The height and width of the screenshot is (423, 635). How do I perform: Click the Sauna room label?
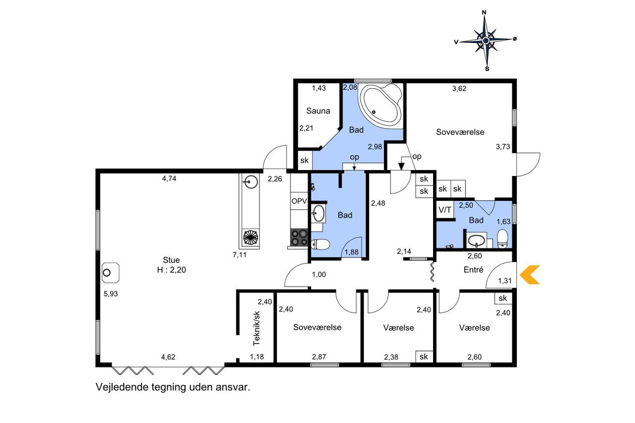(x=318, y=111)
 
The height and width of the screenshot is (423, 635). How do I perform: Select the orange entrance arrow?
(x=529, y=275)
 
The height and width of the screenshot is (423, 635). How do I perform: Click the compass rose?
(x=486, y=41)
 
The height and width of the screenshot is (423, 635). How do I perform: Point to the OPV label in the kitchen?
(x=299, y=201)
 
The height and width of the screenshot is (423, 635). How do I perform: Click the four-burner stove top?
(x=299, y=238)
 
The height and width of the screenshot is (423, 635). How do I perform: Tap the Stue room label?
(x=171, y=260)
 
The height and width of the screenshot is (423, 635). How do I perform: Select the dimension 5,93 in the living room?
(x=111, y=294)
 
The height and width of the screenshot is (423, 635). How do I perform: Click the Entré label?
(x=473, y=269)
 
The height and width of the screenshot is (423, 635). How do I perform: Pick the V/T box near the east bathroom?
(x=445, y=210)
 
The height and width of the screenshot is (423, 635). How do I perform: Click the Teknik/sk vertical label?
(x=256, y=328)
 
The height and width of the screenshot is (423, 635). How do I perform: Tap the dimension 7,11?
(x=240, y=255)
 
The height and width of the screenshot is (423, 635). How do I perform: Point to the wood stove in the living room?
(x=111, y=273)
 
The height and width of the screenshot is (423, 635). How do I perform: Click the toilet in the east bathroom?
(x=503, y=239)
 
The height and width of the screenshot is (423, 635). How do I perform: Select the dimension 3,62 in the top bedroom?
(x=459, y=89)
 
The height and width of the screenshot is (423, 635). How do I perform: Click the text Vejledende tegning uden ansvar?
(x=173, y=387)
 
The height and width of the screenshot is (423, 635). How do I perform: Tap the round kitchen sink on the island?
(x=251, y=181)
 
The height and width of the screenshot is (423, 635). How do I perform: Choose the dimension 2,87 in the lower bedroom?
(x=319, y=357)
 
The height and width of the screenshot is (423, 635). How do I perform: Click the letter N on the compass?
(x=484, y=12)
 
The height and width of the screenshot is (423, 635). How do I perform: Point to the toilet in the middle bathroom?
(x=320, y=244)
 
